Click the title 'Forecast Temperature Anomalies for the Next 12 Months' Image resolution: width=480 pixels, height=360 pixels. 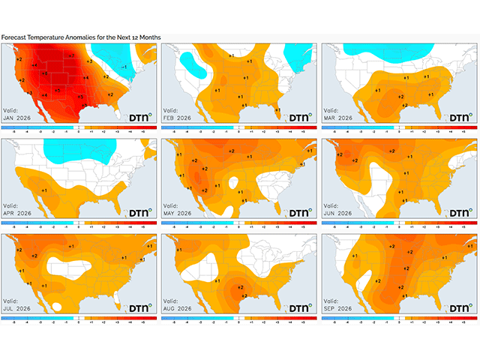point(81,37)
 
